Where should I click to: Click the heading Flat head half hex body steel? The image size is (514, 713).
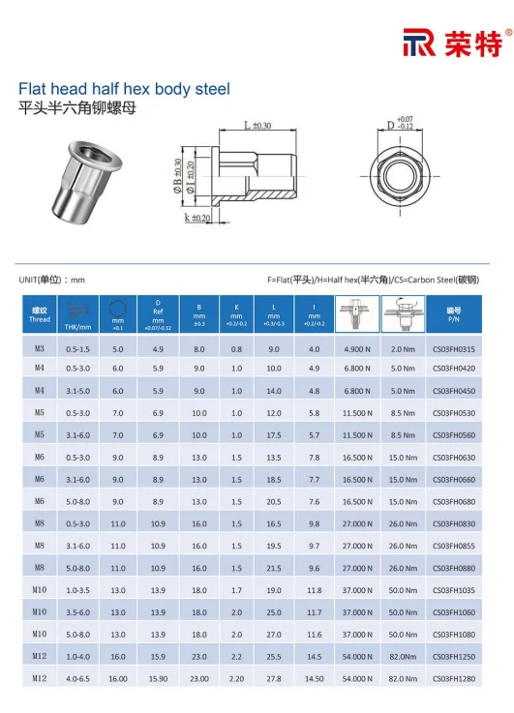point(125,89)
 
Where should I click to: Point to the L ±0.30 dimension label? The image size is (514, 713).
point(257,126)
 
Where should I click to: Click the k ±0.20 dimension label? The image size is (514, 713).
point(199,219)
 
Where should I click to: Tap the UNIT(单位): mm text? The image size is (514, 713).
point(52,280)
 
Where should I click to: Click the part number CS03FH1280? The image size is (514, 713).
point(453,679)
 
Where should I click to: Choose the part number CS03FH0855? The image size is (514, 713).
point(453,547)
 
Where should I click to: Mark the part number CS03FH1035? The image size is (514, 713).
point(453,590)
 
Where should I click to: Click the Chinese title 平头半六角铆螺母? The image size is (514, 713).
point(78,108)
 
